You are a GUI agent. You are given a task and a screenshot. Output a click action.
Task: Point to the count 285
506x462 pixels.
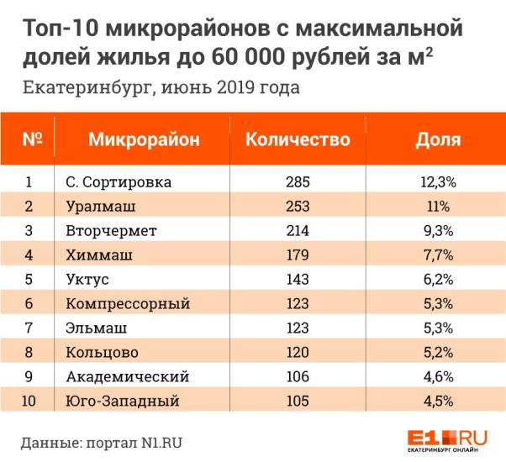(x=297, y=181)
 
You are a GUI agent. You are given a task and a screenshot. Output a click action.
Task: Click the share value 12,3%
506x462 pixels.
(x=438, y=181)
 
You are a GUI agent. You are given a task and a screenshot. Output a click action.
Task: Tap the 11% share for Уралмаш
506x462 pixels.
(x=438, y=206)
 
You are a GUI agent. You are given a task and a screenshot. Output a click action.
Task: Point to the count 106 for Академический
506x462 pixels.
(x=297, y=376)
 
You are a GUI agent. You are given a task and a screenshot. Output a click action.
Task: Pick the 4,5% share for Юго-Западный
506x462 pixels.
(x=438, y=401)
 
